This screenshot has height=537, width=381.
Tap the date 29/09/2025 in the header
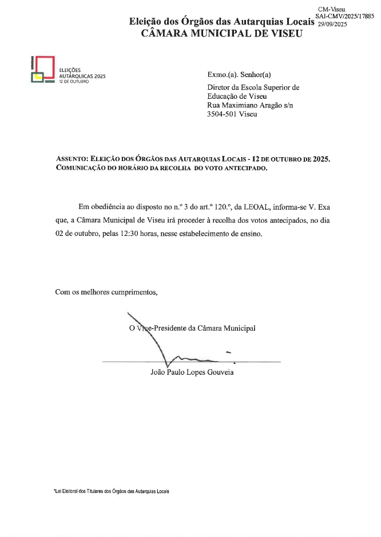pyautogui.click(x=332, y=23)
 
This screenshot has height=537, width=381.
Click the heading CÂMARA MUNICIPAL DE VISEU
pyautogui.click(x=222, y=33)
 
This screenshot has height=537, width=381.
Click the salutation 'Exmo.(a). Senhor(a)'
pyautogui.click(x=239, y=75)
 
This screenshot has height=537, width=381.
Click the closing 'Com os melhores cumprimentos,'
pyautogui.click(x=106, y=292)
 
